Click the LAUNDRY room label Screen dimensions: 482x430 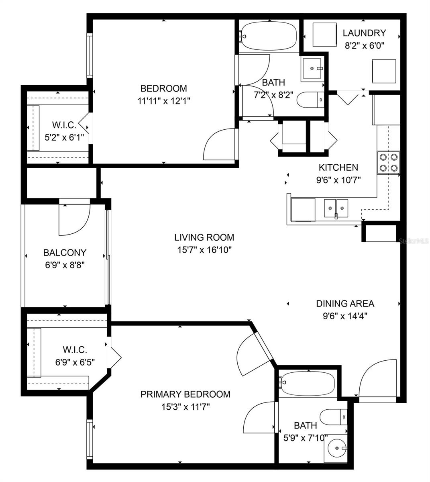(x=364, y=33)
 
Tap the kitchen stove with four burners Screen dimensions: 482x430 (x=389, y=162)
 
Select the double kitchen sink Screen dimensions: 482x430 (x=336, y=208)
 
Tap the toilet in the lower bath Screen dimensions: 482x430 (x=334, y=416)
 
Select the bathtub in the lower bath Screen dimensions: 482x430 (x=307, y=384)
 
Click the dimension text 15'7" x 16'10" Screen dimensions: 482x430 (x=204, y=250)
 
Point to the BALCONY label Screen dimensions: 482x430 (x=65, y=253)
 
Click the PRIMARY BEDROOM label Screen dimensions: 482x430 (x=185, y=394)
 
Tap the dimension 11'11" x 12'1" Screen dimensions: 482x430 (x=163, y=101)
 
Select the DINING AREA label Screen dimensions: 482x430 (x=345, y=304)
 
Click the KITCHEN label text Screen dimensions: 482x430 (x=338, y=167)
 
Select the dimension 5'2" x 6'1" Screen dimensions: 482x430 (x=64, y=137)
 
